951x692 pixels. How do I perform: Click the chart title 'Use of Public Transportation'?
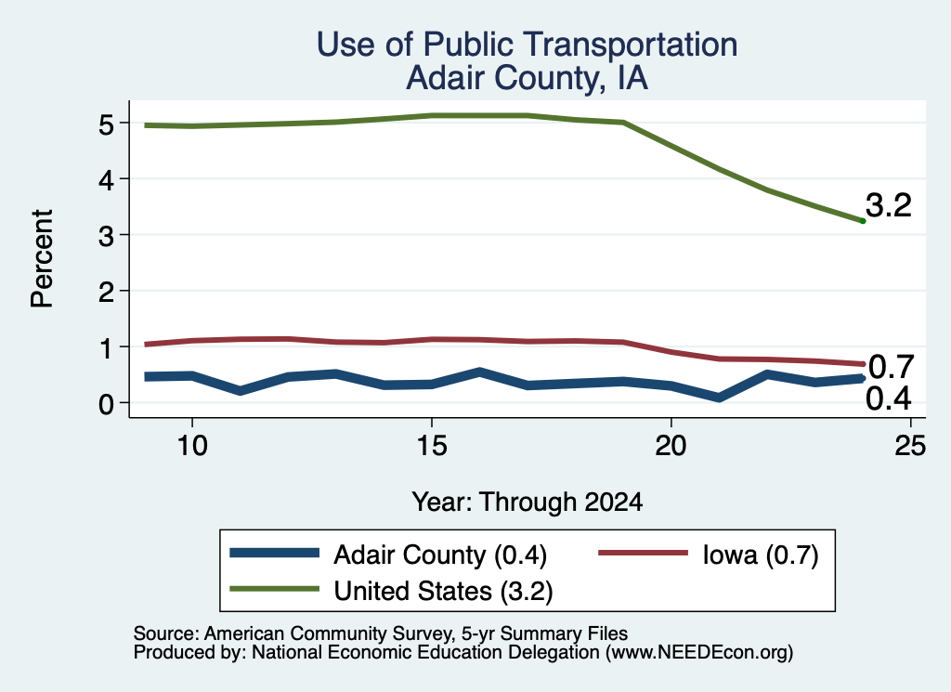pyautogui.click(x=528, y=45)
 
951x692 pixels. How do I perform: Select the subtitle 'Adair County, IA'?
pyautogui.click(x=528, y=78)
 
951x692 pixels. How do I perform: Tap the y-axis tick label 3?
pyautogui.click(x=106, y=235)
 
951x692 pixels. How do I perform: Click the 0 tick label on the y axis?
pyautogui.click(x=106, y=403)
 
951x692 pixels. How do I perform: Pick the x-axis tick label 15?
pyautogui.click(x=432, y=447)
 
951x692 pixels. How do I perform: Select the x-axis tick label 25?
pyautogui.click(x=910, y=447)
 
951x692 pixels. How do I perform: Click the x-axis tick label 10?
pyautogui.click(x=192, y=447)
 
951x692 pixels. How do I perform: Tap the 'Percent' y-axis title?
pyautogui.click(x=43, y=259)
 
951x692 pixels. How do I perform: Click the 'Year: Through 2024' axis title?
pyautogui.click(x=528, y=503)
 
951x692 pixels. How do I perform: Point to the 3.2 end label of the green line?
pyautogui.click(x=889, y=205)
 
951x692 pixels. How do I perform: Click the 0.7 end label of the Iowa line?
pyautogui.click(x=891, y=367)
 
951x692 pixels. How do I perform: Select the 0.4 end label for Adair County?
pyautogui.click(x=889, y=399)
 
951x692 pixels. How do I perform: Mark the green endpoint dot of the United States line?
pyautogui.click(x=863, y=221)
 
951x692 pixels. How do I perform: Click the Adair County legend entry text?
pyautogui.click(x=440, y=555)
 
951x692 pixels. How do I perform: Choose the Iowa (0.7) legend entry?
pyautogui.click(x=761, y=555)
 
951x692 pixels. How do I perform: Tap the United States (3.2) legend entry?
pyautogui.click(x=443, y=592)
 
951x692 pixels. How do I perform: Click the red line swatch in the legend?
pyautogui.click(x=644, y=553)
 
